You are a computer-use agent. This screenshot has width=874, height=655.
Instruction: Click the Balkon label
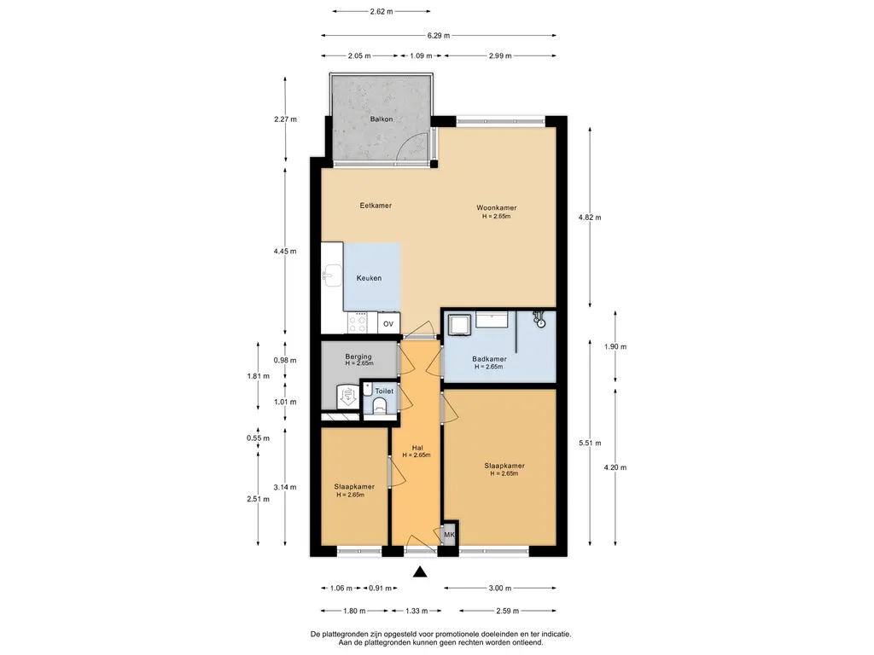(x=382, y=119)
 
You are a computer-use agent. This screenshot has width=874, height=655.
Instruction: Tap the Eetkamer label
(x=376, y=206)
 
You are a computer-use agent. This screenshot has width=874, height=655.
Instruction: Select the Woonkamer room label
(x=496, y=208)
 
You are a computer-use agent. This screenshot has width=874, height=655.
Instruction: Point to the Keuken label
(x=369, y=278)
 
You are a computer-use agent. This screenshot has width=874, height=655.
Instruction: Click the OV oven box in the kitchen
(x=388, y=323)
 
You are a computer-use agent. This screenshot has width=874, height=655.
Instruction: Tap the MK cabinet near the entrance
(x=449, y=535)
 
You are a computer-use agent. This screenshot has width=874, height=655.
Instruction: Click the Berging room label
(x=358, y=356)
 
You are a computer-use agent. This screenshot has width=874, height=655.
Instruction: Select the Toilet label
(x=384, y=391)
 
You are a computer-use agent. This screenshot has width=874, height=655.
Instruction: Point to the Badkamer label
(x=489, y=359)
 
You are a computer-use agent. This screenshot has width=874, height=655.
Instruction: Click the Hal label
(x=417, y=448)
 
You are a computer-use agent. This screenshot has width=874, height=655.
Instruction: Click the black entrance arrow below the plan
(x=420, y=571)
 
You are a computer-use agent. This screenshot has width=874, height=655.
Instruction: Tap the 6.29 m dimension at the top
(x=439, y=36)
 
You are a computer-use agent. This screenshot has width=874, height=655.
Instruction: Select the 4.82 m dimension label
(x=590, y=217)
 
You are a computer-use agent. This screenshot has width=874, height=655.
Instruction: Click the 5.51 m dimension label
(x=590, y=443)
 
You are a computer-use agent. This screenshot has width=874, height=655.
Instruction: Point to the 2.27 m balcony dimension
(x=285, y=119)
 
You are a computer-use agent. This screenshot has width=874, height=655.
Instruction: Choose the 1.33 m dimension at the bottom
(x=417, y=611)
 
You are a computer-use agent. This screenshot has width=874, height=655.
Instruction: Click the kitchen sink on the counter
(x=334, y=275)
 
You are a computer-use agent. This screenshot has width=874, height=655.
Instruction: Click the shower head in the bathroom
(x=539, y=319)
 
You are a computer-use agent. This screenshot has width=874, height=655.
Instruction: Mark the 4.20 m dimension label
(x=615, y=468)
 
